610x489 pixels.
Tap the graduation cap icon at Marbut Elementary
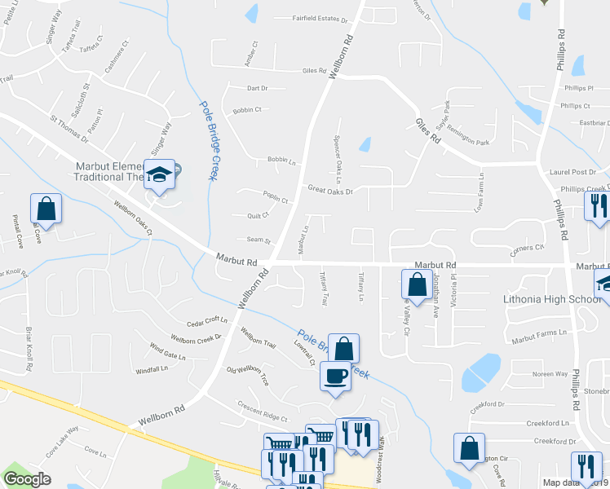click(x=160, y=174)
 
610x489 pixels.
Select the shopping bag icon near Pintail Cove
click(x=46, y=208)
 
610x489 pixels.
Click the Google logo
click(x=27, y=479)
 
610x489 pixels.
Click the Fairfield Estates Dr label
click(x=320, y=18)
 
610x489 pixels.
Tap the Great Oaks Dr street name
click(x=329, y=191)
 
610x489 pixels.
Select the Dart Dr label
click(x=257, y=88)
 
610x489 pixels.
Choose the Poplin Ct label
click(x=276, y=198)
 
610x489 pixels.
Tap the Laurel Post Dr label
click(x=572, y=172)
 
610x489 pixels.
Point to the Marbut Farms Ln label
click(x=539, y=333)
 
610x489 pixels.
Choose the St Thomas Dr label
click(x=69, y=132)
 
